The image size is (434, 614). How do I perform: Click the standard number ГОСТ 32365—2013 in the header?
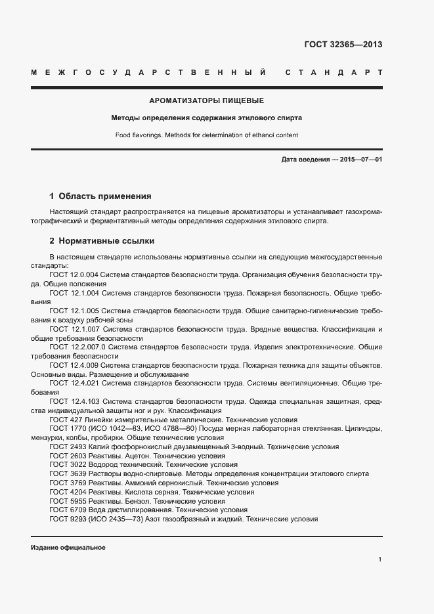pyautogui.click(x=343, y=45)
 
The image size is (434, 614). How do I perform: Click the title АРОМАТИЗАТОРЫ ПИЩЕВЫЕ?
pyautogui.click(x=206, y=101)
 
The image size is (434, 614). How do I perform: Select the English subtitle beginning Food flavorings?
pyautogui.click(x=206, y=135)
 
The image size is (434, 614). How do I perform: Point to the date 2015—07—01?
pyautogui.click(x=361, y=160)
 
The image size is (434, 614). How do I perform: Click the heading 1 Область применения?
pyautogui.click(x=100, y=196)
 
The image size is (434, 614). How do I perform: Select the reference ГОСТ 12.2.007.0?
pyautogui.click(x=77, y=345)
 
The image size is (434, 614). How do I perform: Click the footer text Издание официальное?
pyautogui.click(x=68, y=547)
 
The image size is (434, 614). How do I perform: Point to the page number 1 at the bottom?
pyautogui.click(x=380, y=559)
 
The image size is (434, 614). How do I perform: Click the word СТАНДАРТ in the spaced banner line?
pyautogui.click(x=334, y=72)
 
